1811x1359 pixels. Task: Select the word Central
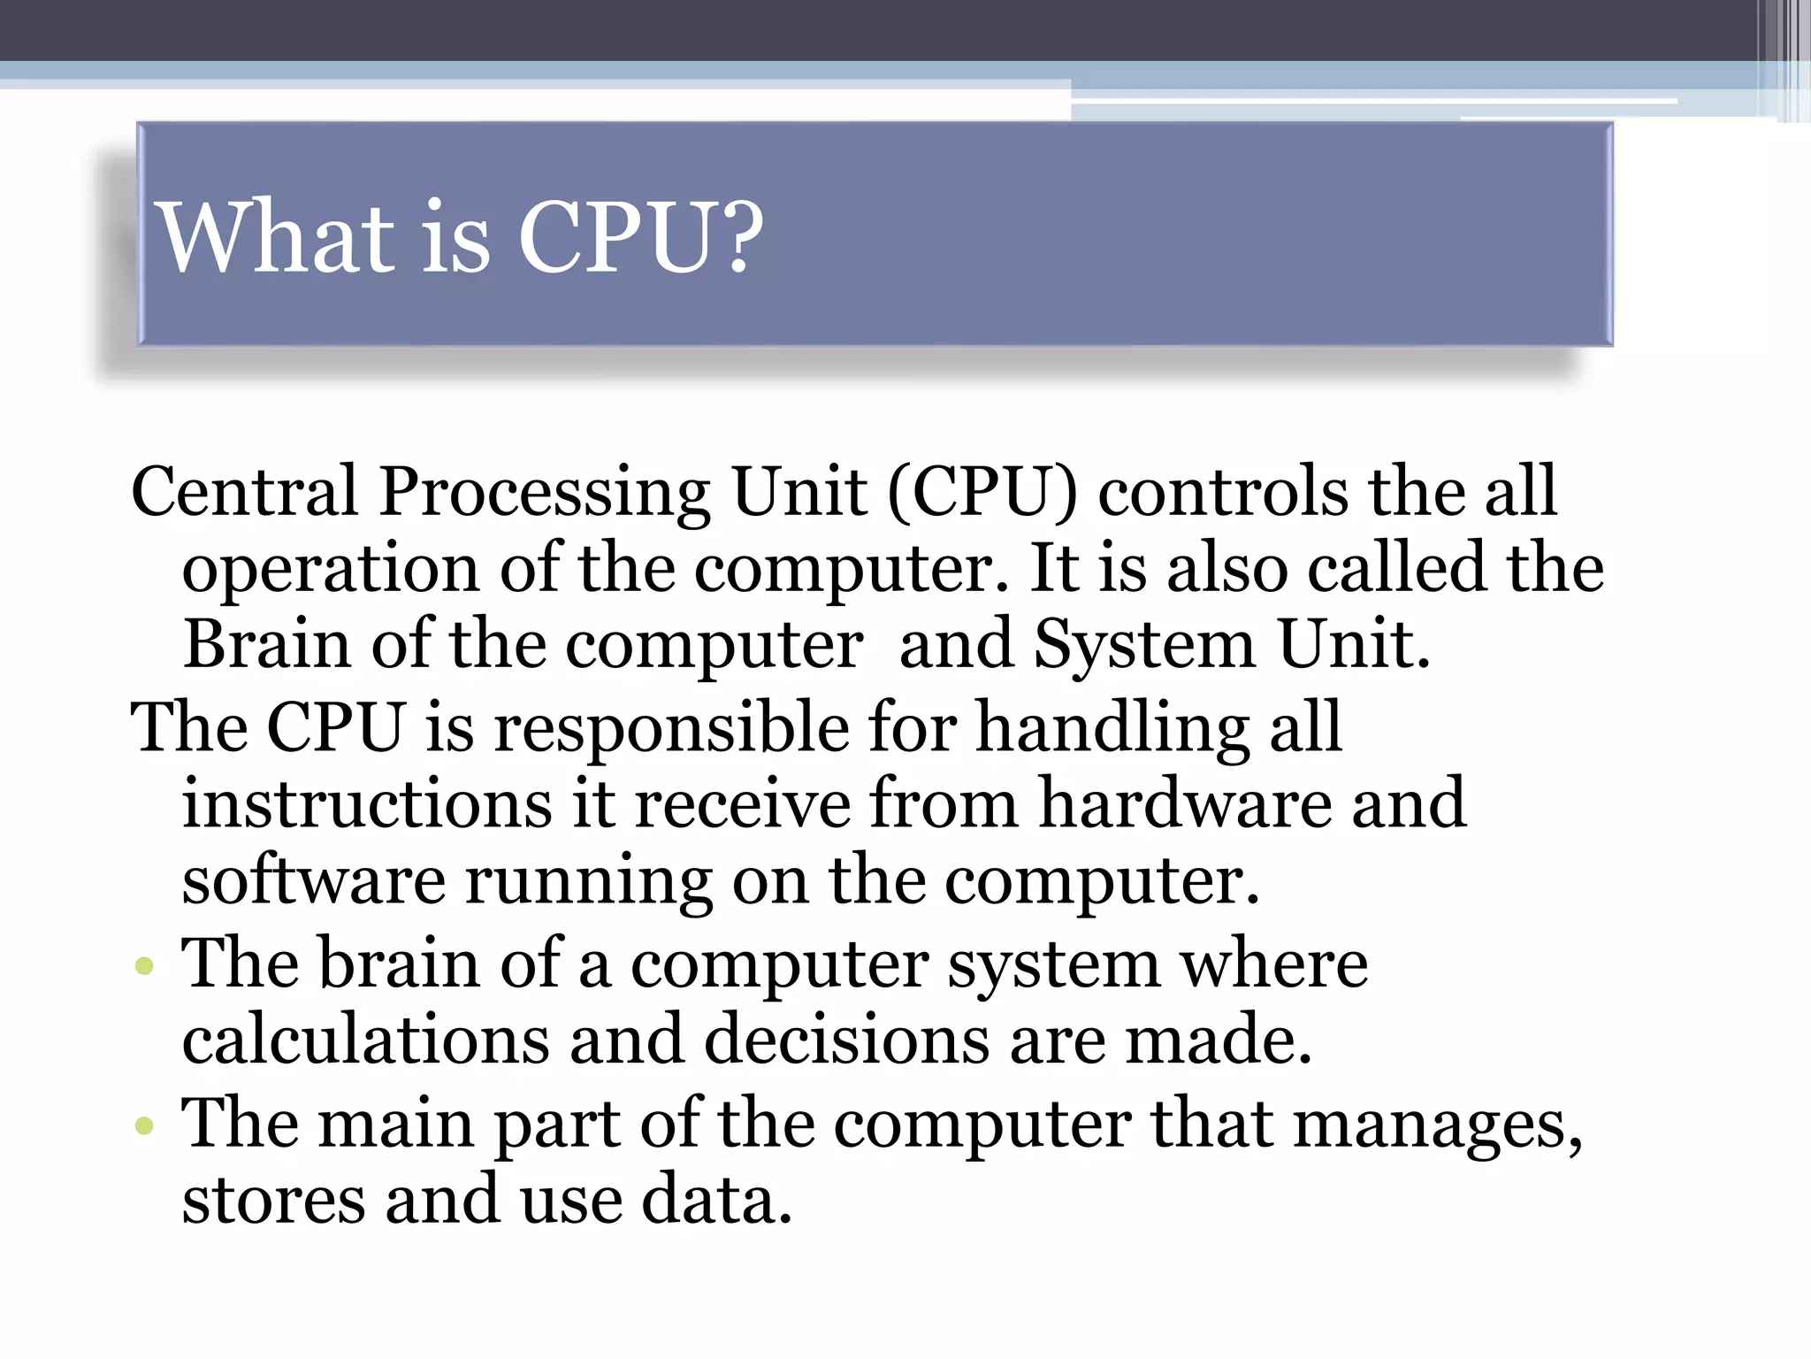[244, 491]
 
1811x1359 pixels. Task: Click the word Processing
[544, 493]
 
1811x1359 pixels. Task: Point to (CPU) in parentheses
[982, 492]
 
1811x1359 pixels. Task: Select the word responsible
[671, 728]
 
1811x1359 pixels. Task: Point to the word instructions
[367, 803]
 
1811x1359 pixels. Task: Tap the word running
[589, 882]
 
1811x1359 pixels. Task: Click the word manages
[1438, 1125]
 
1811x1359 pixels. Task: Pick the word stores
[273, 1200]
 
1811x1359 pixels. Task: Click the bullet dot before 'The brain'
[144, 966]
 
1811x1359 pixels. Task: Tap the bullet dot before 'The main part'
[144, 1126]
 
